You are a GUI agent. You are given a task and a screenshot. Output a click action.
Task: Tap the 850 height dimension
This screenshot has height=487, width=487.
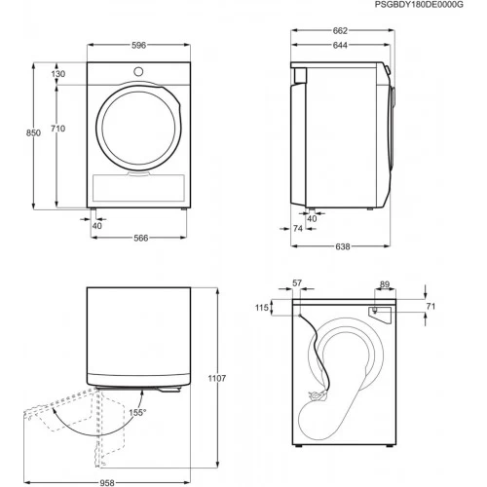click(33, 133)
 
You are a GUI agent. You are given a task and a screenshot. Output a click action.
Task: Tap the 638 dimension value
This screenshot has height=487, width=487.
click(343, 247)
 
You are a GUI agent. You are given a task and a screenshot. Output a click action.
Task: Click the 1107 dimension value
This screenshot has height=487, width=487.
click(216, 379)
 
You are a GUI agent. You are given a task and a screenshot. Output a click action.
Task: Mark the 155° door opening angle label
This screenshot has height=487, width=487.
click(138, 413)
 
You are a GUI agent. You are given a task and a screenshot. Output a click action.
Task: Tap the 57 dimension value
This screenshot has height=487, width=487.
click(297, 284)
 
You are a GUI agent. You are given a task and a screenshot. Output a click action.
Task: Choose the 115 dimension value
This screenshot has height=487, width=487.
click(262, 309)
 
